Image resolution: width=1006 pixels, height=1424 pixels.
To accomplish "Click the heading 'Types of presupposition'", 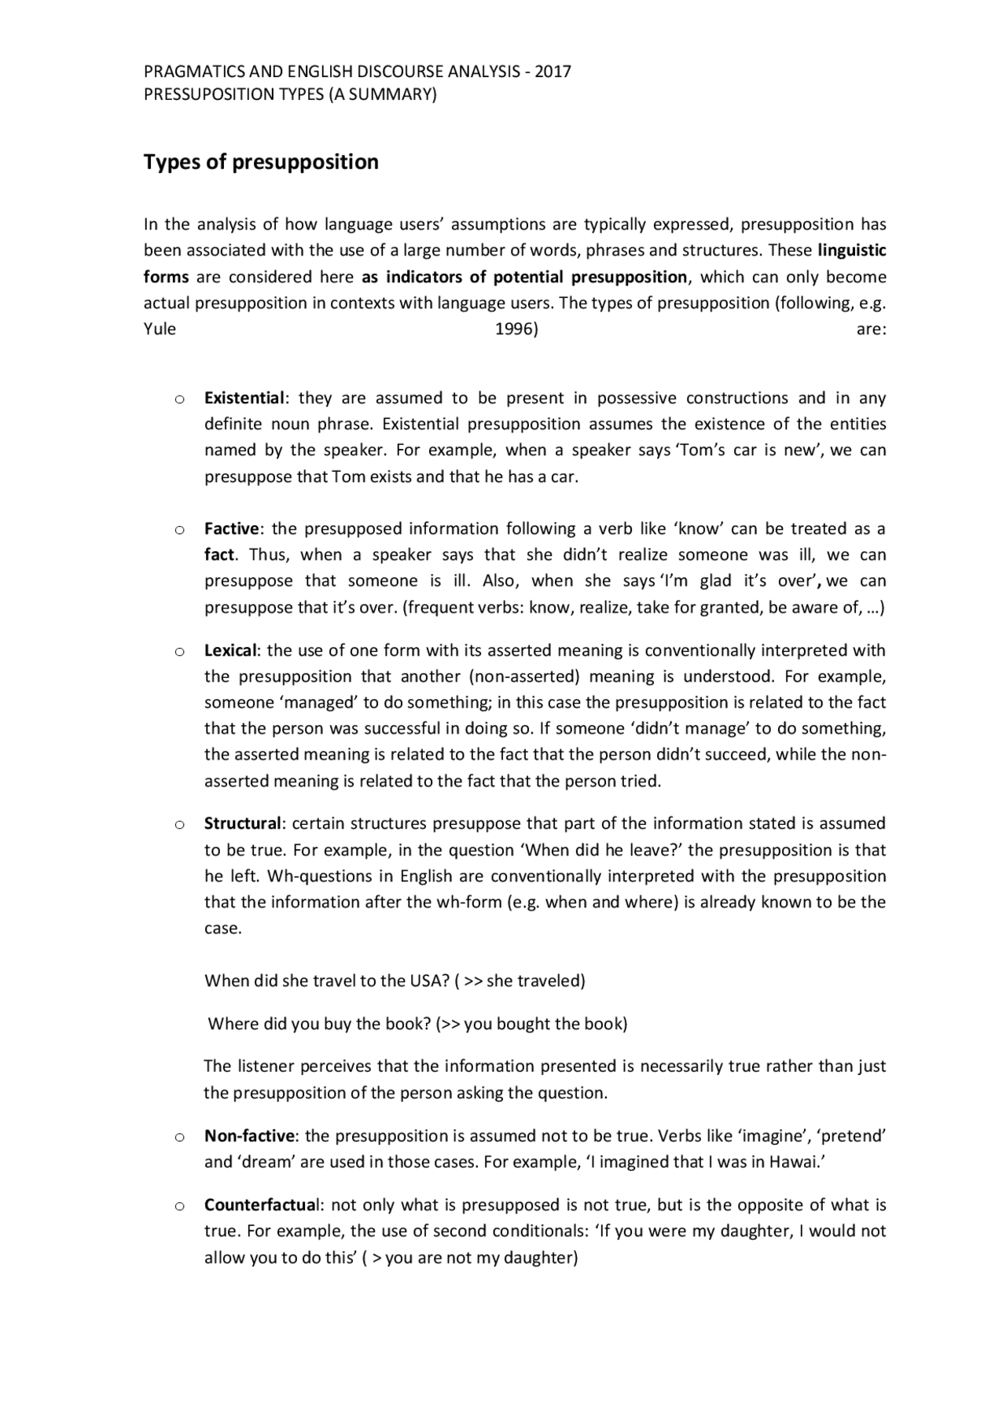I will click(260, 162).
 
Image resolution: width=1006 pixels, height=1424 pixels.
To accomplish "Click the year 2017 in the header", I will click(553, 72).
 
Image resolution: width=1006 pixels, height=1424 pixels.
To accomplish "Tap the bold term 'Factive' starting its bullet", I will click(232, 528).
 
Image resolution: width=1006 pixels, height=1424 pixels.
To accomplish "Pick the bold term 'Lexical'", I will click(231, 650).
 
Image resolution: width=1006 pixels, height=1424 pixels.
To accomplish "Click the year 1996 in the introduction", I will click(516, 329).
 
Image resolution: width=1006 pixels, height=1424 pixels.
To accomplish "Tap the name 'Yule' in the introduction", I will click(160, 329).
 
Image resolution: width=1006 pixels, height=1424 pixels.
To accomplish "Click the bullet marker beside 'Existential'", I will click(180, 399).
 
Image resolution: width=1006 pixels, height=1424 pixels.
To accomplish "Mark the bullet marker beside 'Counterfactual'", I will click(180, 1206).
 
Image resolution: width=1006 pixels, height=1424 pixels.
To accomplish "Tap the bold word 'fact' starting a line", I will click(219, 554).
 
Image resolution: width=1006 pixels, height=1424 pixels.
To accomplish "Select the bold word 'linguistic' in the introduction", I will click(852, 251).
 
